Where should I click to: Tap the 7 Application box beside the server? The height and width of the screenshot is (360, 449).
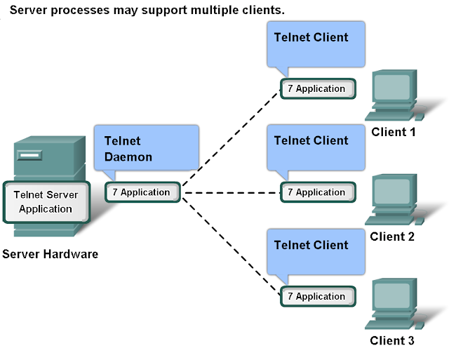[x=142, y=192]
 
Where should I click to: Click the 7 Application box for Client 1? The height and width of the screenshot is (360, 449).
[x=318, y=89]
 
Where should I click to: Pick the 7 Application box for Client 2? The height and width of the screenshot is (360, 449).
[x=318, y=192]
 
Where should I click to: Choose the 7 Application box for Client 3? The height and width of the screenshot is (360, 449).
[x=318, y=296]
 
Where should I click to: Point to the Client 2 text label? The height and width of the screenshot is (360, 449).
[x=392, y=236]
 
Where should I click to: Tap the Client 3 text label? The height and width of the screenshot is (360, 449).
[x=392, y=341]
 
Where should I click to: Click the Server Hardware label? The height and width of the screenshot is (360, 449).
[x=50, y=254]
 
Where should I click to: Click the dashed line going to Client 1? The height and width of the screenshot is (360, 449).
[x=232, y=140]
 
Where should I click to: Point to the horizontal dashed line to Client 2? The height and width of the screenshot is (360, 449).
[x=232, y=192]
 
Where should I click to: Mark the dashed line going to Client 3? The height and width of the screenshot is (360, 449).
[x=232, y=244]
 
